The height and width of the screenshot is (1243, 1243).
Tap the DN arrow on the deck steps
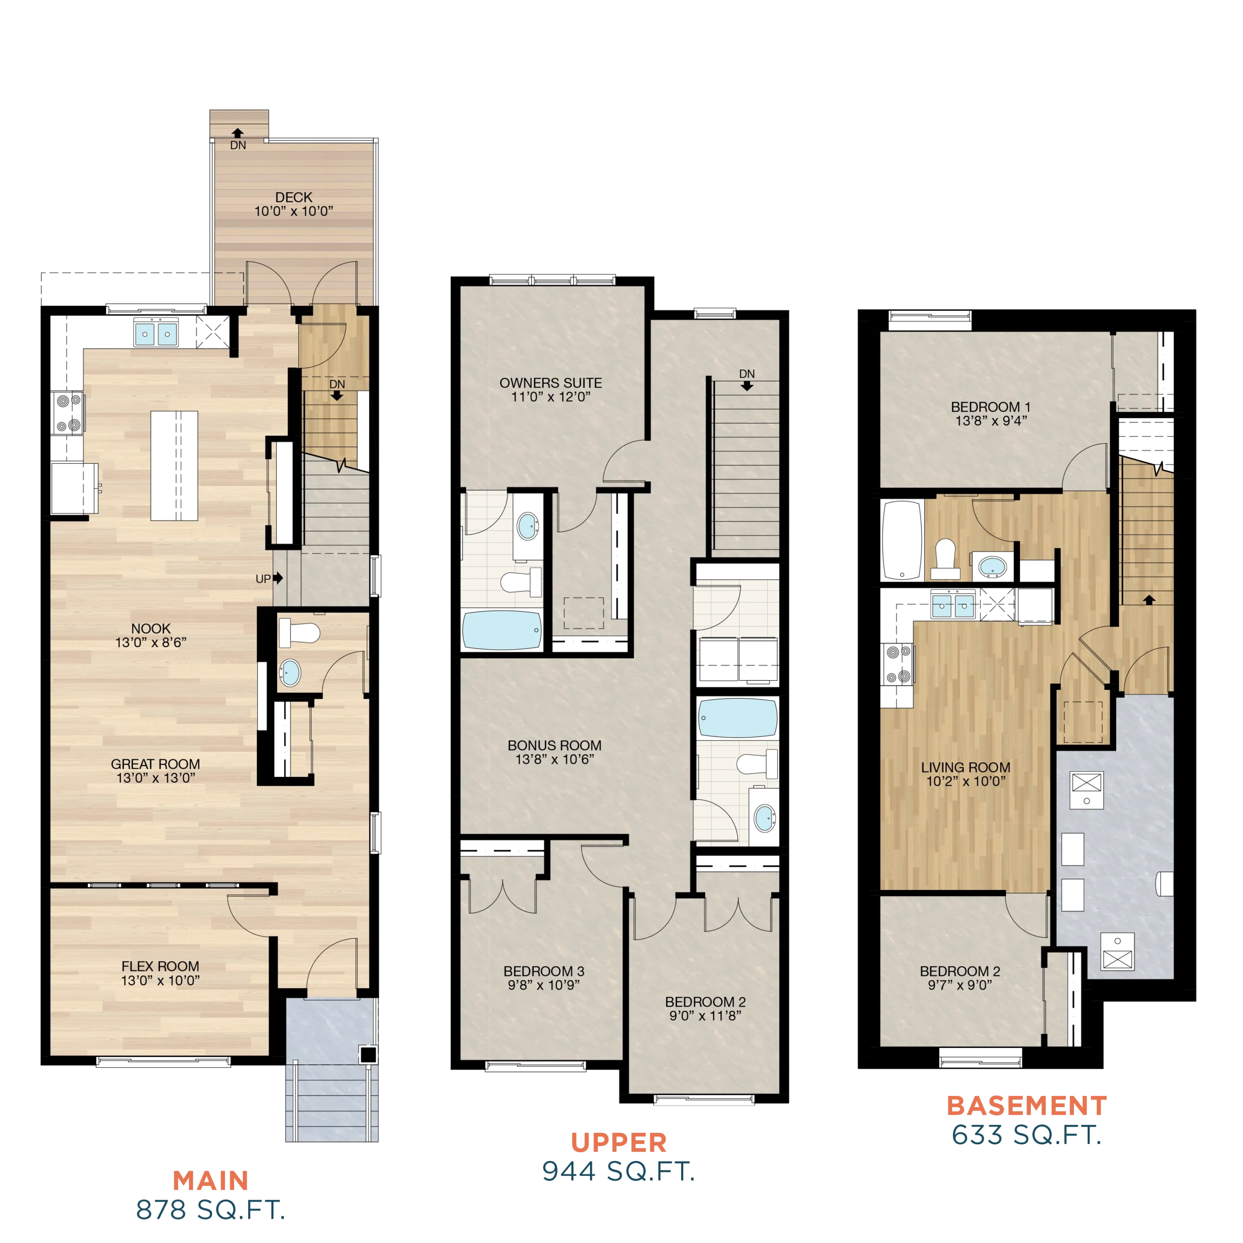[x=238, y=133]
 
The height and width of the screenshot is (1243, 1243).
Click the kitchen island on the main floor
[x=174, y=466]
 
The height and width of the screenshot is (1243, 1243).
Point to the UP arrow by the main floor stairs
[x=278, y=578]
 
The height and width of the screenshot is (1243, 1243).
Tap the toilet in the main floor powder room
[x=299, y=633]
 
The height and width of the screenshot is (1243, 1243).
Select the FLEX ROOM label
[x=160, y=966]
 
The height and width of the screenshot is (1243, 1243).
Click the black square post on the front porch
[x=368, y=1055]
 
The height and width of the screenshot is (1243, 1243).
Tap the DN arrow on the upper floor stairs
[x=747, y=386]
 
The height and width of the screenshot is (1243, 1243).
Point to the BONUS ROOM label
[x=554, y=745]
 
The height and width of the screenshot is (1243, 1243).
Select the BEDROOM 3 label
[x=544, y=971]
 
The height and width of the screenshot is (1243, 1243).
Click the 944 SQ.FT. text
[x=619, y=1172]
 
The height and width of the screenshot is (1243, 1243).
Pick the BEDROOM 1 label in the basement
[x=991, y=406]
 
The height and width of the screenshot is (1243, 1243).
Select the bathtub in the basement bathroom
[x=902, y=540]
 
